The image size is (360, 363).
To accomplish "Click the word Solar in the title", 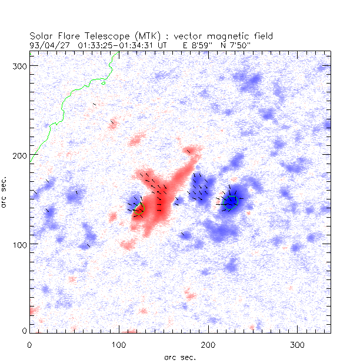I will click(x=42, y=36).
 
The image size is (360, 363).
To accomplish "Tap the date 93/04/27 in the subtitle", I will click(x=48, y=45).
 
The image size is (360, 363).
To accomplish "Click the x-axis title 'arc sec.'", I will click(x=179, y=357).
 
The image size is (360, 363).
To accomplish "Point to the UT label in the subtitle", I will click(x=162, y=45).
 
